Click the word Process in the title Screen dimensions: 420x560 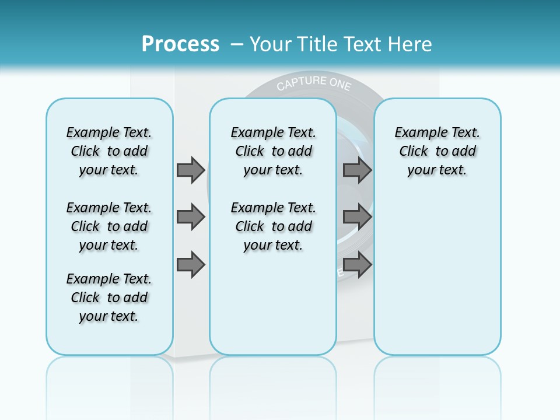tap(180, 44)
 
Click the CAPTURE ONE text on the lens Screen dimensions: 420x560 tap(314, 83)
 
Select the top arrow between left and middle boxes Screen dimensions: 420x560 tap(191, 170)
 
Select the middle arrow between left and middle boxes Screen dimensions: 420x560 tap(191, 217)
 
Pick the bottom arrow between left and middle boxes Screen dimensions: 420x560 tap(191, 265)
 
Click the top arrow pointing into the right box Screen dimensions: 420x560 tap(357, 170)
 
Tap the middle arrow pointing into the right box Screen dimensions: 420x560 tap(357, 217)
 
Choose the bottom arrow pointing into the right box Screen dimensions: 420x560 tap(357, 265)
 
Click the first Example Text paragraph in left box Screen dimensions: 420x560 tap(109, 151)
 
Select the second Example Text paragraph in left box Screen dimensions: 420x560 tap(109, 226)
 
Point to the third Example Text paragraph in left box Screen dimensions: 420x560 tap(109, 297)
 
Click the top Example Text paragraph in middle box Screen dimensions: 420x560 tap(273, 151)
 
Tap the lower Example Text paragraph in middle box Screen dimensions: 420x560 tap(273, 226)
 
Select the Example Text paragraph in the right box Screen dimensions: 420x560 tap(437, 151)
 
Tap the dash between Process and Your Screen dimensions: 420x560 tap(237, 44)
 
